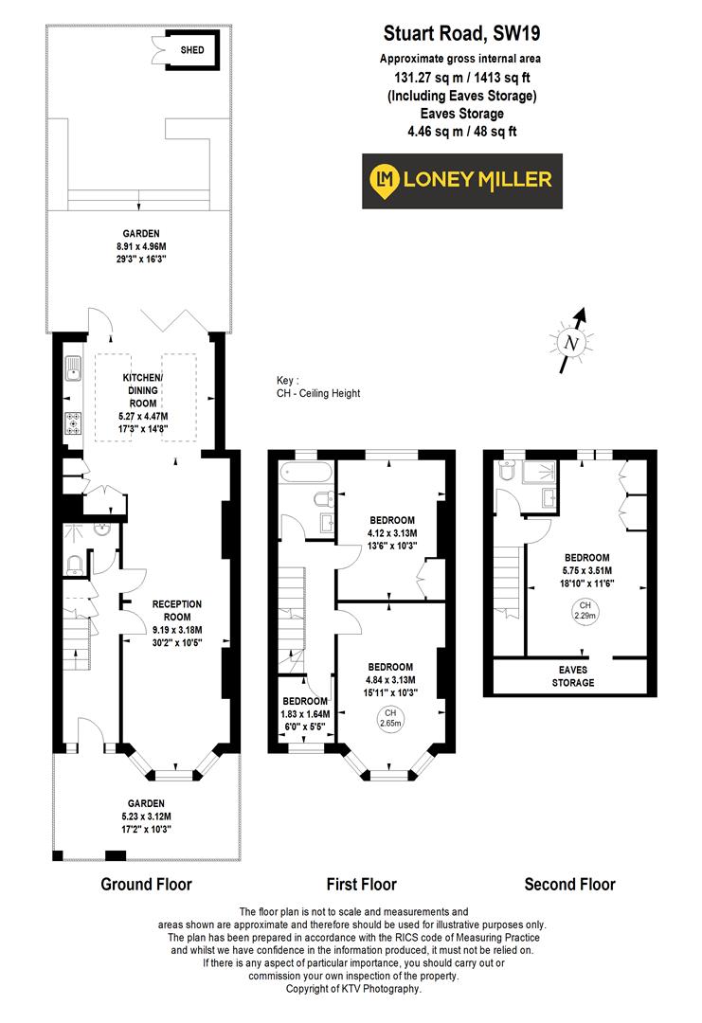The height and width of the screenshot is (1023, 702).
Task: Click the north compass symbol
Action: tap(571, 341)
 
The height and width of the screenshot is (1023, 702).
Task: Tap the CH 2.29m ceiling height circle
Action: tap(585, 610)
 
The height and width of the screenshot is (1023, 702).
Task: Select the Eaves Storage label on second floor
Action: tap(573, 676)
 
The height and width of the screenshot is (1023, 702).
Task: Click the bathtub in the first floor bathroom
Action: tap(305, 471)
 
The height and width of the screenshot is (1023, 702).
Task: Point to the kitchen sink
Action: tap(72, 368)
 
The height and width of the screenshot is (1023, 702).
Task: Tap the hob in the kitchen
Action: tap(72, 423)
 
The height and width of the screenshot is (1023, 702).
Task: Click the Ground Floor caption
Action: tap(146, 885)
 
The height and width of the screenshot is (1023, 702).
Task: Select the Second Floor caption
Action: tap(569, 885)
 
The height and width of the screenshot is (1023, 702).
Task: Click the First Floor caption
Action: tap(361, 885)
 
